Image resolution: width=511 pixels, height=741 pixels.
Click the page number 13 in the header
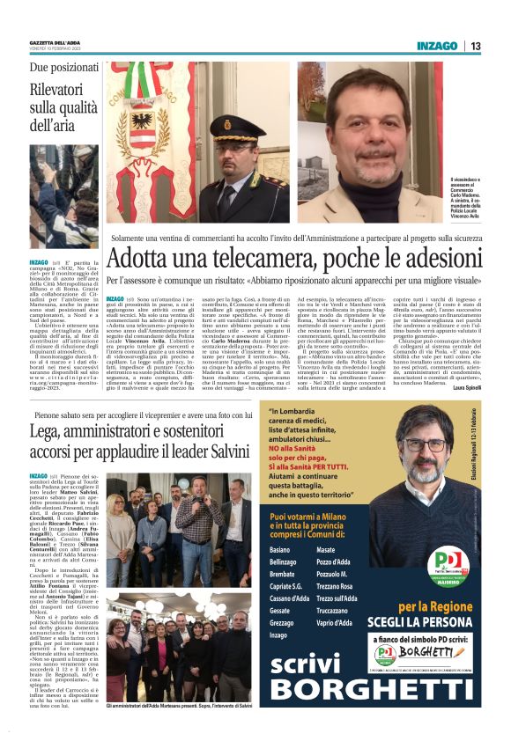tap(476, 46)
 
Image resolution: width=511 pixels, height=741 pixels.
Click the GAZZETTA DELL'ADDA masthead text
tap(59, 42)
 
